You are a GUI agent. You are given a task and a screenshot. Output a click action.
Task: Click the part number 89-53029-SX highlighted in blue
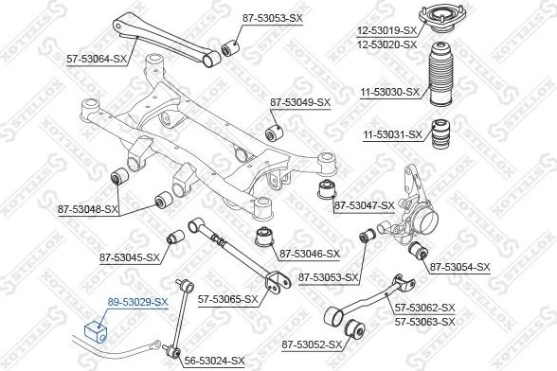coord(137,303)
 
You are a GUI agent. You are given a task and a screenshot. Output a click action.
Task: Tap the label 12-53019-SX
coord(386,30)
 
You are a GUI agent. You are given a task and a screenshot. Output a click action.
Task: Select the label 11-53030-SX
coord(389,93)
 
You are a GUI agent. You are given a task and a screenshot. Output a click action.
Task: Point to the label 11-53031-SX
coord(392,135)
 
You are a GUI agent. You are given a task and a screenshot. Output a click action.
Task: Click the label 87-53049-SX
coord(300,103)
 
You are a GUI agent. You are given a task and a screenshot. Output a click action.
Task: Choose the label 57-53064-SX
coord(97,60)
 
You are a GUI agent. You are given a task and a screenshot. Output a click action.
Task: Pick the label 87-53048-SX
coord(88,210)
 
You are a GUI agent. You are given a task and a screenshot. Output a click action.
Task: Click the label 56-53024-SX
coord(214,361)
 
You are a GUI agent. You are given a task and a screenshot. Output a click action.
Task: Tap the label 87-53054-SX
coord(460,267)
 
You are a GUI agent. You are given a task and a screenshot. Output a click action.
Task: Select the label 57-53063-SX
coord(424,322)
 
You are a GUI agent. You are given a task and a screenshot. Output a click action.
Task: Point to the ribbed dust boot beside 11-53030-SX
coord(441,74)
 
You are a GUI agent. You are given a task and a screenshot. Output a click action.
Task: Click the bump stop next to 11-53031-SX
coord(440,135)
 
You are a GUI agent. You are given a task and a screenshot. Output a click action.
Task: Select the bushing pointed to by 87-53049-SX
coord(275,132)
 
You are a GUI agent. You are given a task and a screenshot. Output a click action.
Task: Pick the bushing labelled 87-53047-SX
coord(328,189)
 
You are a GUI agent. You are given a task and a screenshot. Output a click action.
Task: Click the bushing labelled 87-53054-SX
coord(418,251)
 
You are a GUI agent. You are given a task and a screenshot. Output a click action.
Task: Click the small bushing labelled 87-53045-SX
coord(176,238)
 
